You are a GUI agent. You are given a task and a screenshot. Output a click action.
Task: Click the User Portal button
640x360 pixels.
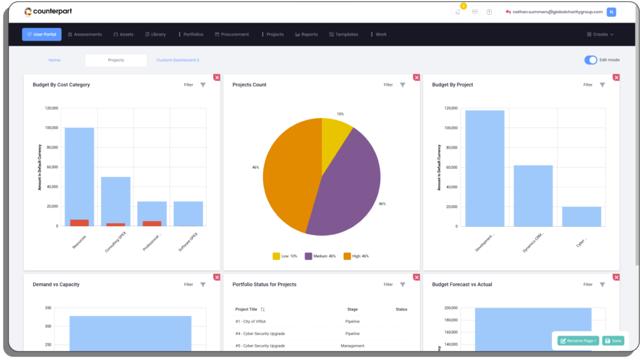point(41,34)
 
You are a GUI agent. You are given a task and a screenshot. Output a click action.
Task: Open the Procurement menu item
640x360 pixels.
point(232,34)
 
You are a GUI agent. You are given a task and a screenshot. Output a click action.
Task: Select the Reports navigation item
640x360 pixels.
point(306,34)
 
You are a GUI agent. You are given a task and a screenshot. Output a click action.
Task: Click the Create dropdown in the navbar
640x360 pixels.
point(600,34)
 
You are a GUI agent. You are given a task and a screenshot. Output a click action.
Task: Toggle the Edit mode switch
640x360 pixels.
point(591,60)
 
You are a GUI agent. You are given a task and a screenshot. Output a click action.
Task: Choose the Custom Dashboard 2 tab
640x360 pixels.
point(177,60)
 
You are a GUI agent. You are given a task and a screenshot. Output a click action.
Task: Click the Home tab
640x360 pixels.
point(54,60)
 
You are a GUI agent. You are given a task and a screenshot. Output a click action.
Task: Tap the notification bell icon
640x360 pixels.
point(458,12)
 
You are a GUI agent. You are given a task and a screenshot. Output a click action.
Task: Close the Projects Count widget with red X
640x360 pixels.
point(416,77)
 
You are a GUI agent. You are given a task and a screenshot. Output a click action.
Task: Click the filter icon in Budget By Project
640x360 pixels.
point(602,85)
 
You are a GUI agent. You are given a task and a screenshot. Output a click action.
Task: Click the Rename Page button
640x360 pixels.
point(578,341)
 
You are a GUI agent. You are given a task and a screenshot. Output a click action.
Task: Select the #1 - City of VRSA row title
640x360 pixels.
point(249,321)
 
